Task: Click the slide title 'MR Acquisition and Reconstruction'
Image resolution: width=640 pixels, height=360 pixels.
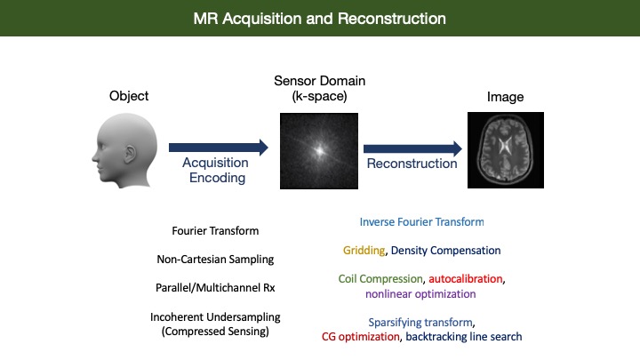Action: point(320,18)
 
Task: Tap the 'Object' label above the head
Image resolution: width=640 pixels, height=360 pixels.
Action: point(130,96)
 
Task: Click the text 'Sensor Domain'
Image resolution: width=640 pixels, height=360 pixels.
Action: point(317,81)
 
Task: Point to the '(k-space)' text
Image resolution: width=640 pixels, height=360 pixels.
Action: point(317,95)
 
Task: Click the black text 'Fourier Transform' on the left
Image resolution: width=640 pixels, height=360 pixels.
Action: point(216,231)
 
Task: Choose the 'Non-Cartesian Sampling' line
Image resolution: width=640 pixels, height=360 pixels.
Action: point(216,260)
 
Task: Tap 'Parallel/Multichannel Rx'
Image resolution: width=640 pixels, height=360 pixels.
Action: point(216,288)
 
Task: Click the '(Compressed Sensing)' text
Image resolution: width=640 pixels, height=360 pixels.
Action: point(216,332)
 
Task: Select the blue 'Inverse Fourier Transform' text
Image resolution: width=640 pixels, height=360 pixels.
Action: point(422,221)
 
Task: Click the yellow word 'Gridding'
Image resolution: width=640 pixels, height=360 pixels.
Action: point(363,251)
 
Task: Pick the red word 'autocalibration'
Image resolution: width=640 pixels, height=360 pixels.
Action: point(467,279)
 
